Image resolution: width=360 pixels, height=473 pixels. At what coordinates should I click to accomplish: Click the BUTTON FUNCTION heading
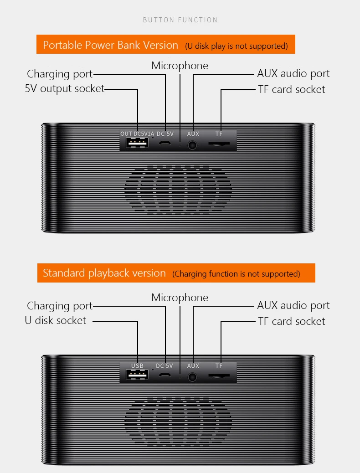point(180,20)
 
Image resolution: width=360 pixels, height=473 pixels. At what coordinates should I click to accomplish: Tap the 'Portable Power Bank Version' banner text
point(110,45)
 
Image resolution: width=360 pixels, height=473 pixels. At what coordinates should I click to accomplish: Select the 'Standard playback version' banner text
point(104,273)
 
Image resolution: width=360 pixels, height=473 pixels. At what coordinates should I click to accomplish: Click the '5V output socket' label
point(65,89)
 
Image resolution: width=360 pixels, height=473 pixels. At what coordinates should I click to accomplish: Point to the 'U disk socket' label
point(56,320)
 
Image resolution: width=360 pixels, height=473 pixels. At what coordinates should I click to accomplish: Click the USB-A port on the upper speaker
point(137,142)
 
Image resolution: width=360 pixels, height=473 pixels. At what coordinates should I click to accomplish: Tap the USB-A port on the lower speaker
point(137,375)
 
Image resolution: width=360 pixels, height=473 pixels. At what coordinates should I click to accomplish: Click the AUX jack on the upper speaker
point(192,145)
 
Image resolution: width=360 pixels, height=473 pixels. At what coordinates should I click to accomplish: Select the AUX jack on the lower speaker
point(192,377)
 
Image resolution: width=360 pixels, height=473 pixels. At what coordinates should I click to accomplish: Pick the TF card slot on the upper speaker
point(219,144)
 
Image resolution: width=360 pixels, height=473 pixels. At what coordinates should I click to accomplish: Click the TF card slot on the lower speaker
point(219,376)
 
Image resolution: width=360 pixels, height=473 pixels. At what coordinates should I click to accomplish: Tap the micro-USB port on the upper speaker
point(165,143)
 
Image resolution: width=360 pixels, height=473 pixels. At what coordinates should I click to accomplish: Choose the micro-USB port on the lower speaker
point(165,375)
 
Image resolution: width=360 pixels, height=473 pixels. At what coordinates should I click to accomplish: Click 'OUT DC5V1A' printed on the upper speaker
point(137,134)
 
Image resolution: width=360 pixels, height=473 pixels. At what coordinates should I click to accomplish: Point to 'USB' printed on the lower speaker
point(137,365)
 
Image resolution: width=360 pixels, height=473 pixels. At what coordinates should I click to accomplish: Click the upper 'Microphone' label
point(180,66)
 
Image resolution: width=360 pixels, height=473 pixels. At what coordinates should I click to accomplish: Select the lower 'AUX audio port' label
point(293,306)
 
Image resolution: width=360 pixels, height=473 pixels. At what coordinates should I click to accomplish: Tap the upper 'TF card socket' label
point(292,89)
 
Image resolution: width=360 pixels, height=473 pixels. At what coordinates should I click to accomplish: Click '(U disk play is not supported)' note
point(236,46)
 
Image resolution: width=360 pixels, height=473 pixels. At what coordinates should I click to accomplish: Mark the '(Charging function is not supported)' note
point(236,274)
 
